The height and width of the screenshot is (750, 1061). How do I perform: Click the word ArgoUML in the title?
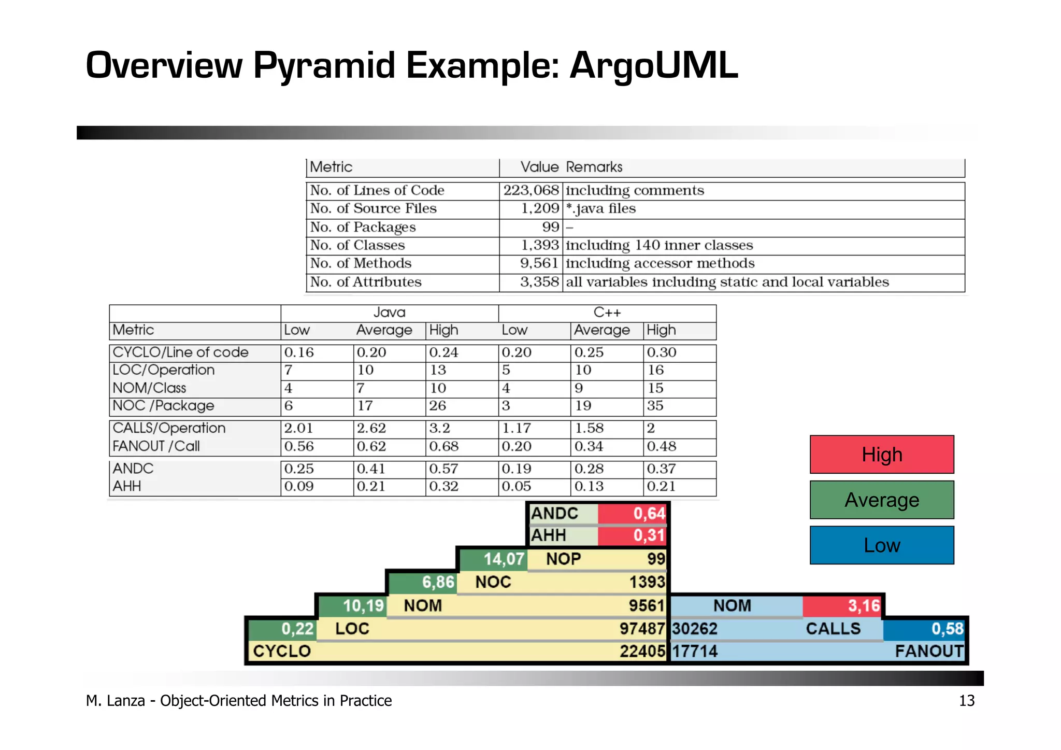[x=654, y=65]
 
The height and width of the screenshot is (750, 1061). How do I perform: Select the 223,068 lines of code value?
[x=531, y=191]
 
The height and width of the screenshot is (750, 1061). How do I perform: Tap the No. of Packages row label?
[x=363, y=228]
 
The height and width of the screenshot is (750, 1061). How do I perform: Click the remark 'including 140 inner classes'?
[x=659, y=245]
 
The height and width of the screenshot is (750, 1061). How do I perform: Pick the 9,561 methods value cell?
[x=539, y=263]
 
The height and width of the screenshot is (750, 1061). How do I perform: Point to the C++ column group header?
[x=607, y=313]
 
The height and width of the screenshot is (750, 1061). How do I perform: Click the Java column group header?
[x=389, y=313]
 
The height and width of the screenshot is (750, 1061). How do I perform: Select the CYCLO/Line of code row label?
[x=180, y=352]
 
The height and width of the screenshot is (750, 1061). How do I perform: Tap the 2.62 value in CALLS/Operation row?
[x=371, y=428]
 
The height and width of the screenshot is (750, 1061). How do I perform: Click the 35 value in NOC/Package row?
[x=655, y=406]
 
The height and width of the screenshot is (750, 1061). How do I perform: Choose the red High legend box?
[x=881, y=455]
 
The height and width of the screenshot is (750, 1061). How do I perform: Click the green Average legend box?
[x=881, y=500]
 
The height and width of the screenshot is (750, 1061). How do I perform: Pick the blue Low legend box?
[x=881, y=545]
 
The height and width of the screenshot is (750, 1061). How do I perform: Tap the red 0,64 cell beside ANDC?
[x=633, y=514]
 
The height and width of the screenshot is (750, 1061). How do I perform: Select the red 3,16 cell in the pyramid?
[x=843, y=605]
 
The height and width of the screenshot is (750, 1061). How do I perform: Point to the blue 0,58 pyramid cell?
[x=925, y=629]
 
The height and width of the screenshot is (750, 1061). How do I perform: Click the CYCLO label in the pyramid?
[x=282, y=651]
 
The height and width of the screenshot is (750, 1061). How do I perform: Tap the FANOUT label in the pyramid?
[x=929, y=651]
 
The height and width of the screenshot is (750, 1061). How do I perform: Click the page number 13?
[x=966, y=701]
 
